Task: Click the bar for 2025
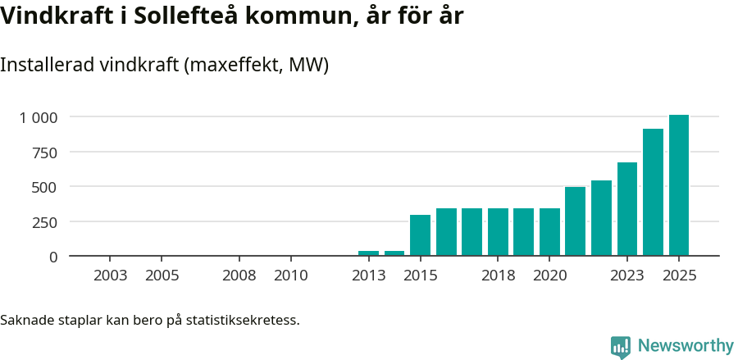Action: [x=678, y=185]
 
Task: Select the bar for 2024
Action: [x=653, y=193]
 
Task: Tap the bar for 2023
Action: [x=627, y=209]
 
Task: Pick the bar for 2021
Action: [x=575, y=221]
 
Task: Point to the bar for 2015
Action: [x=420, y=235]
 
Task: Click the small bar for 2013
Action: [x=368, y=253]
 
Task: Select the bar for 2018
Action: [x=498, y=232]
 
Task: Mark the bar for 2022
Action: [x=601, y=218]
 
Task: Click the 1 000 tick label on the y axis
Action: [x=39, y=117]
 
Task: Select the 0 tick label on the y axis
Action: [x=53, y=257]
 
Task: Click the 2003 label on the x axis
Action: [x=111, y=276]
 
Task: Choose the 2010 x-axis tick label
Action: [x=290, y=276]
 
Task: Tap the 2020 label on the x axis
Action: [x=549, y=276]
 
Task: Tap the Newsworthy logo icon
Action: [x=621, y=346]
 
